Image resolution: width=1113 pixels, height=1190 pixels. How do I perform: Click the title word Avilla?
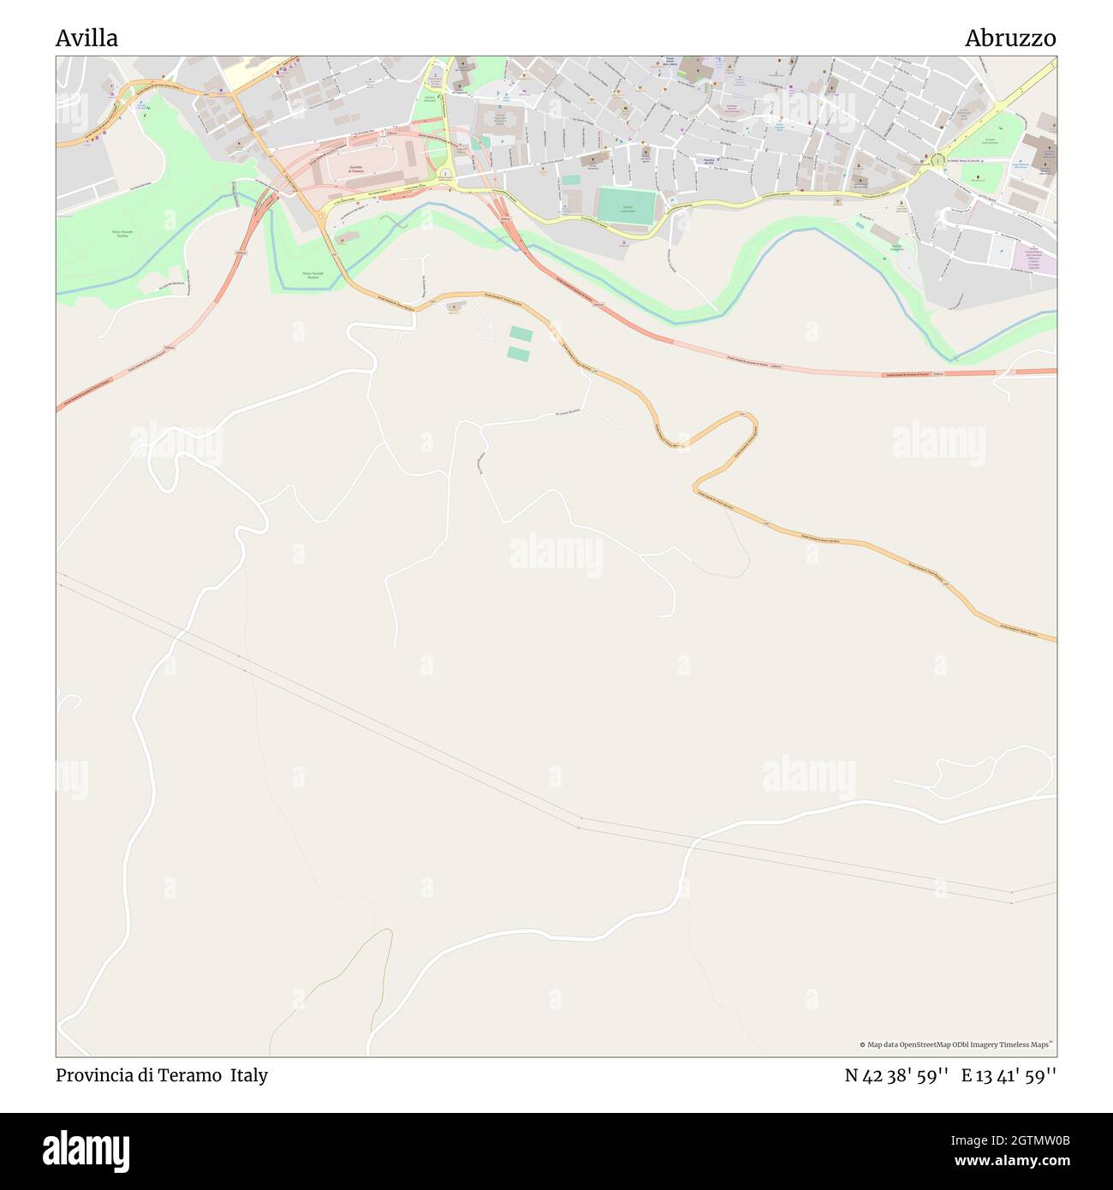[x=86, y=38]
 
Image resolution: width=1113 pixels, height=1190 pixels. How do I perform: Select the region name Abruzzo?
[x=1010, y=38]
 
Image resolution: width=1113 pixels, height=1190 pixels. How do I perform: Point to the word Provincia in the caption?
[x=93, y=1075]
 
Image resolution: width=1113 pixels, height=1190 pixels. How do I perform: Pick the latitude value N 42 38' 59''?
[x=896, y=1075]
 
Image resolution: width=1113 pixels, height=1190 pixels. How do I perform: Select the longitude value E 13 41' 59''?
[x=1009, y=1075]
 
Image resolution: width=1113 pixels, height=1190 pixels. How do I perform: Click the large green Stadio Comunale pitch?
[x=627, y=206]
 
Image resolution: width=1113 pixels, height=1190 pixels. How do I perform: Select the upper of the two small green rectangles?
[x=521, y=333]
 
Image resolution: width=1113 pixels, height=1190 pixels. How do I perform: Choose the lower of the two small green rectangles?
[x=518, y=353]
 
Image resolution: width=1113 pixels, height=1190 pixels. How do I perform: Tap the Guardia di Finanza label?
[x=355, y=170]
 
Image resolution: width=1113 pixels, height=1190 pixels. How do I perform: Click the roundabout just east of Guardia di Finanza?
[x=445, y=174]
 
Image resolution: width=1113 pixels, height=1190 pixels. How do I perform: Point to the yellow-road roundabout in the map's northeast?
[x=938, y=159]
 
